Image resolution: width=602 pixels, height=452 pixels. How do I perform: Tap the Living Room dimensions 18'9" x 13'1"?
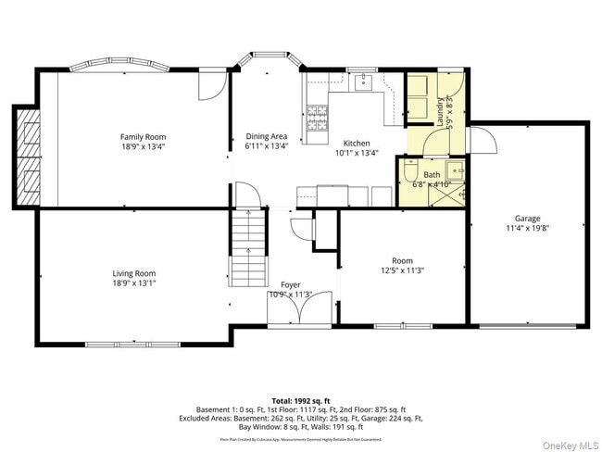[134, 284]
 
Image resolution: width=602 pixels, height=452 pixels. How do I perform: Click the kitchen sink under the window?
[362, 83]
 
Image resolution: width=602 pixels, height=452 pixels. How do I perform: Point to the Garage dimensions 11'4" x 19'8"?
[529, 228]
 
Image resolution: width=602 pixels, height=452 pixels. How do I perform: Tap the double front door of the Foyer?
[290, 310]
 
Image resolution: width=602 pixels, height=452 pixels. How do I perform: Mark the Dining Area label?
[266, 136]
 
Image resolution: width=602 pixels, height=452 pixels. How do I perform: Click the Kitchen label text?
[357, 144]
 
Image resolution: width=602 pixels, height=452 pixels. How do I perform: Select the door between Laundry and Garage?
[481, 140]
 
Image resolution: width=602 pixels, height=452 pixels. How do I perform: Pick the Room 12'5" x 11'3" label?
[402, 265]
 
